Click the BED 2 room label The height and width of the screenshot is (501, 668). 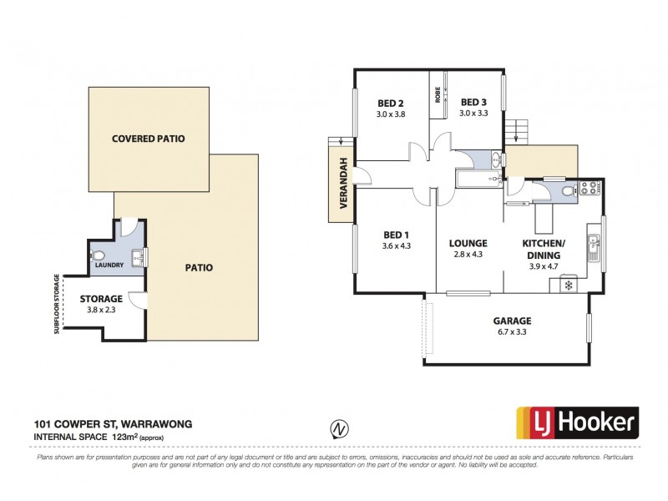pos(390,103)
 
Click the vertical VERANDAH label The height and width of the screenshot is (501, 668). pos(342,191)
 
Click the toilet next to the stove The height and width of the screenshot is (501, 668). pos(567,192)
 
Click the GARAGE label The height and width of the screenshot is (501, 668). pos(511,321)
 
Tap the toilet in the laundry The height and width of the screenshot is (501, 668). pos(99,255)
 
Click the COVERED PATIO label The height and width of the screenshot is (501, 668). pos(148,138)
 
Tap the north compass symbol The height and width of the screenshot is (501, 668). pos(338,428)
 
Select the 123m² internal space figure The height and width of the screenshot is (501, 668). pos(123,437)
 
